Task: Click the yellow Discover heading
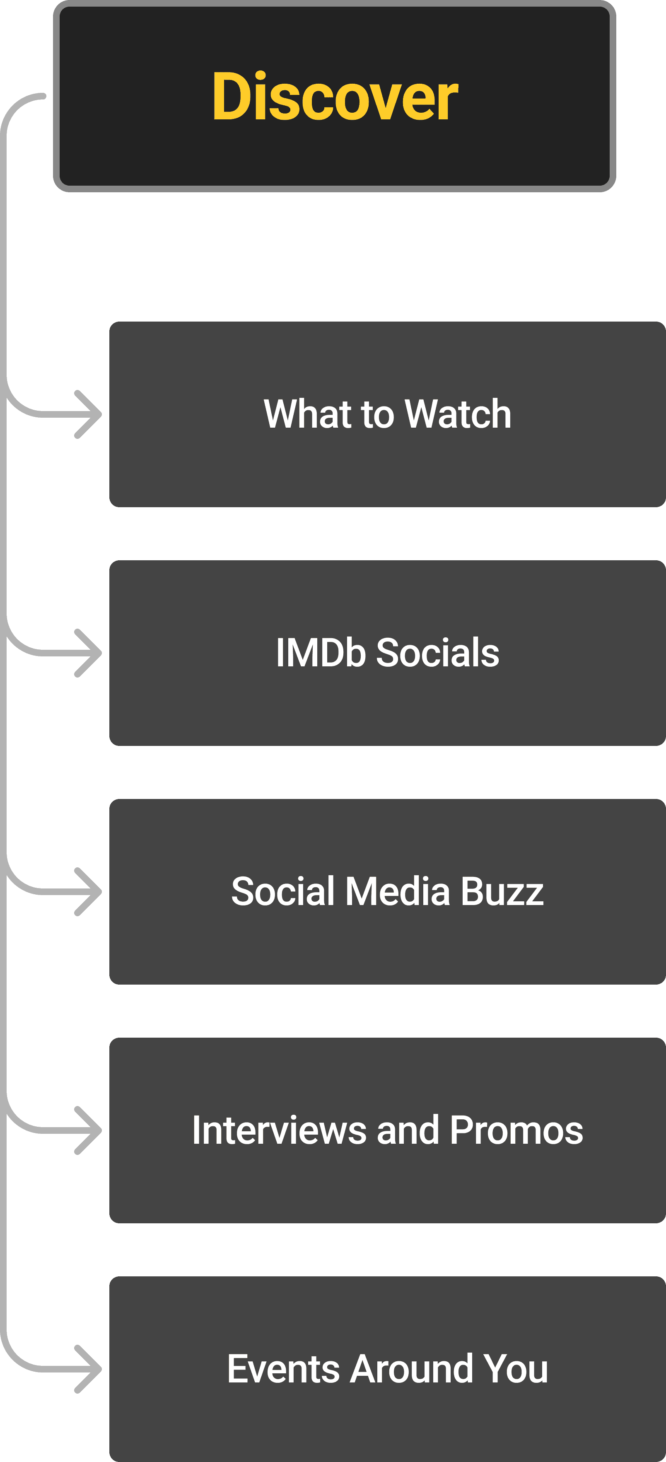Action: pyautogui.click(x=335, y=97)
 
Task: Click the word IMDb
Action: pyautogui.click(x=321, y=653)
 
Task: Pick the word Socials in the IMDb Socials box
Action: pyautogui.click(x=437, y=653)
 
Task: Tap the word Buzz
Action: pyautogui.click(x=502, y=892)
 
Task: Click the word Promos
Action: pyautogui.click(x=516, y=1130)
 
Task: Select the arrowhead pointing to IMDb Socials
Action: pyautogui.click(x=91, y=653)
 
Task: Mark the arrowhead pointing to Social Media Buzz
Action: pyautogui.click(x=91, y=892)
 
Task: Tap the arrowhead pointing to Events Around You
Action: pyautogui.click(x=91, y=1370)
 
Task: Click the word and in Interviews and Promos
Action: pyautogui.click(x=408, y=1130)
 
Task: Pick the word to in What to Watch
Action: pyautogui.click(x=377, y=414)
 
